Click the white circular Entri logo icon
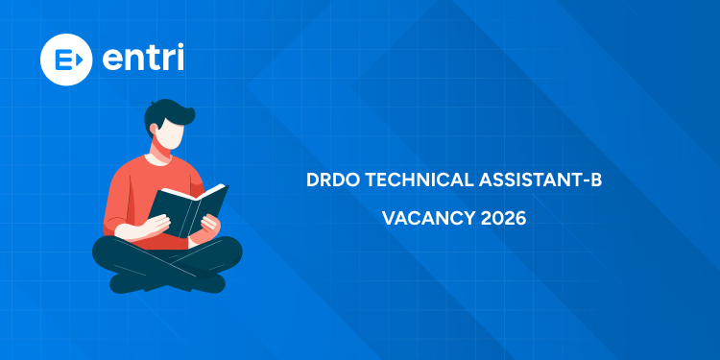65,59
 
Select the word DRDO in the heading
330,180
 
